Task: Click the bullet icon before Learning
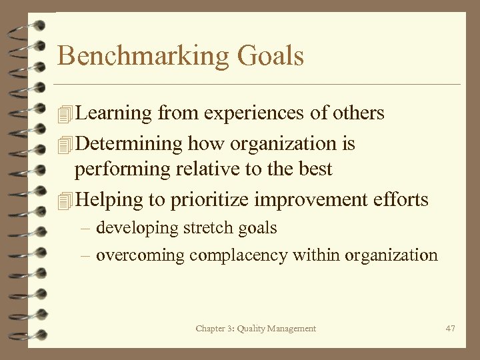(64, 114)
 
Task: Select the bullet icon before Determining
(64, 144)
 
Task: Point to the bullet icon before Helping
(64, 200)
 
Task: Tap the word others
(357, 113)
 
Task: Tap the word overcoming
(140, 256)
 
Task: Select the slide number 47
(450, 328)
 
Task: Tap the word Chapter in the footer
(211, 328)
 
